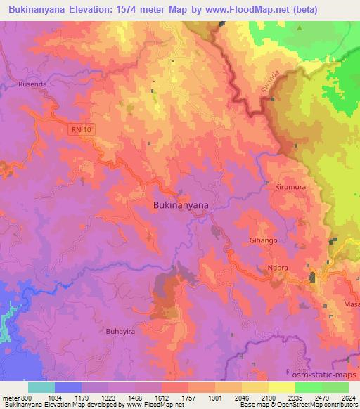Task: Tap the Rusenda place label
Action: pyautogui.click(x=32, y=85)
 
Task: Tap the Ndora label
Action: pyautogui.click(x=297, y=268)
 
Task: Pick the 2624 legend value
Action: pyautogui.click(x=348, y=398)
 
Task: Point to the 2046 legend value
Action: pyautogui.click(x=242, y=398)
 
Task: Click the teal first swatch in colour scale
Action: pyautogui.click(x=41, y=387)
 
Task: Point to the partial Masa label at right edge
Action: pyautogui.click(x=352, y=304)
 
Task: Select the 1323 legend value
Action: pyautogui.click(x=107, y=398)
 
